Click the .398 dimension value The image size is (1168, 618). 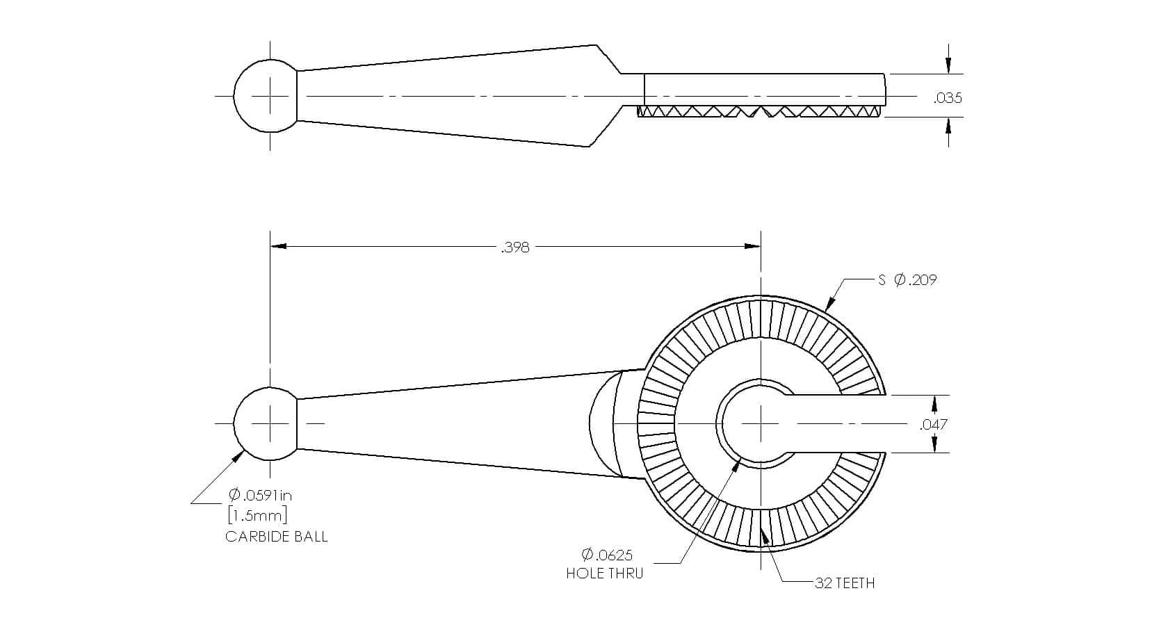514,247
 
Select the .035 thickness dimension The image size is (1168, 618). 948,98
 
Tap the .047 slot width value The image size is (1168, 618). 934,424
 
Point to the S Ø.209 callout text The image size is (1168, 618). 907,280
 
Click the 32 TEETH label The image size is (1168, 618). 845,583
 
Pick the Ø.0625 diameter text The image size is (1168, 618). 606,555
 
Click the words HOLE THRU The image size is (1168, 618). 604,574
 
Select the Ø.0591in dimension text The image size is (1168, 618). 260,495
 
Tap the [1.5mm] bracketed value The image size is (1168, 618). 257,516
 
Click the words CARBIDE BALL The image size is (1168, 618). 276,537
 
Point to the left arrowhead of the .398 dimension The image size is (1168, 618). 278,246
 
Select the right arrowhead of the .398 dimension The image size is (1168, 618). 752,246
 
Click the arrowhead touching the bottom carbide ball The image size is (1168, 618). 238,456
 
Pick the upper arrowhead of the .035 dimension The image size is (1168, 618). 948,66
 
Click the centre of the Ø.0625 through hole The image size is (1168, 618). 761,423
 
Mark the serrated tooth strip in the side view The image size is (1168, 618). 761,112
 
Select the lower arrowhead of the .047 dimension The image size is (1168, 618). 934,445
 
